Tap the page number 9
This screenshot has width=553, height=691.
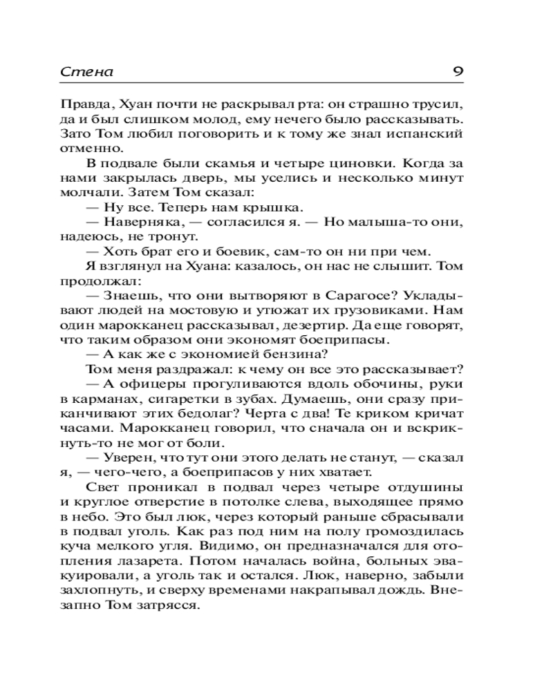tap(457, 72)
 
